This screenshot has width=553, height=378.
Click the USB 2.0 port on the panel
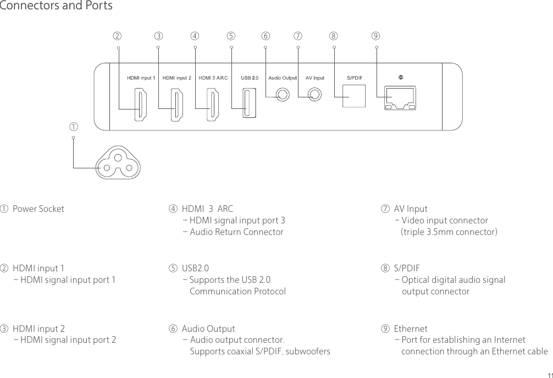(250, 103)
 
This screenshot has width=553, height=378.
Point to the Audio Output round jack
(283, 95)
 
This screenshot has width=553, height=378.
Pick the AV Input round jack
(315, 95)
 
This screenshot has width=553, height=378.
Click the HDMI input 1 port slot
(141, 106)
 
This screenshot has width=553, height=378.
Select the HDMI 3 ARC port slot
(212, 106)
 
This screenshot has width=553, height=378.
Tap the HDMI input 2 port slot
(177, 106)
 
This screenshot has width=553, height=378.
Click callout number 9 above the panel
(375, 36)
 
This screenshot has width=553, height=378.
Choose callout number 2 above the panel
(117, 36)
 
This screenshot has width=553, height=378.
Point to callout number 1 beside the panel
(72, 127)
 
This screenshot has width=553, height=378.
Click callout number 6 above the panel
(266, 36)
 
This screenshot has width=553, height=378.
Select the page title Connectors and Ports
(56, 6)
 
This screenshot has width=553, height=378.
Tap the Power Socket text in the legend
(38, 209)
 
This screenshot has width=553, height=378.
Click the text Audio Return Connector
(236, 232)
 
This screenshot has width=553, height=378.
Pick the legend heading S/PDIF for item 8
(407, 269)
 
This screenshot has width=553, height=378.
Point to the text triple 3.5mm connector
(449, 232)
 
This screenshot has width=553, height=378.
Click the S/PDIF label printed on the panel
(353, 78)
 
